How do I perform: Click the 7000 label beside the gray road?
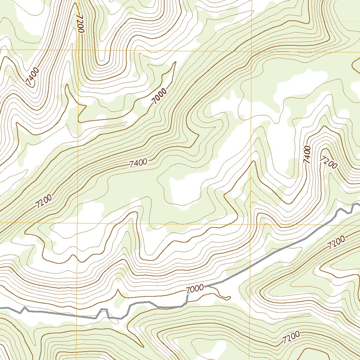195,289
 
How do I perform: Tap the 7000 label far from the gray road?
160,96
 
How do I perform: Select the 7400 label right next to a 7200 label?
307,155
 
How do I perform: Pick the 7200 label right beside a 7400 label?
329,162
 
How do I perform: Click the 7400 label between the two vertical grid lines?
138,163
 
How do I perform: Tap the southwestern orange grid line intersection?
77,223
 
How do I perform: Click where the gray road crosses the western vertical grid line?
77,315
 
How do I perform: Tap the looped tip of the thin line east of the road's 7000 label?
229,298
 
